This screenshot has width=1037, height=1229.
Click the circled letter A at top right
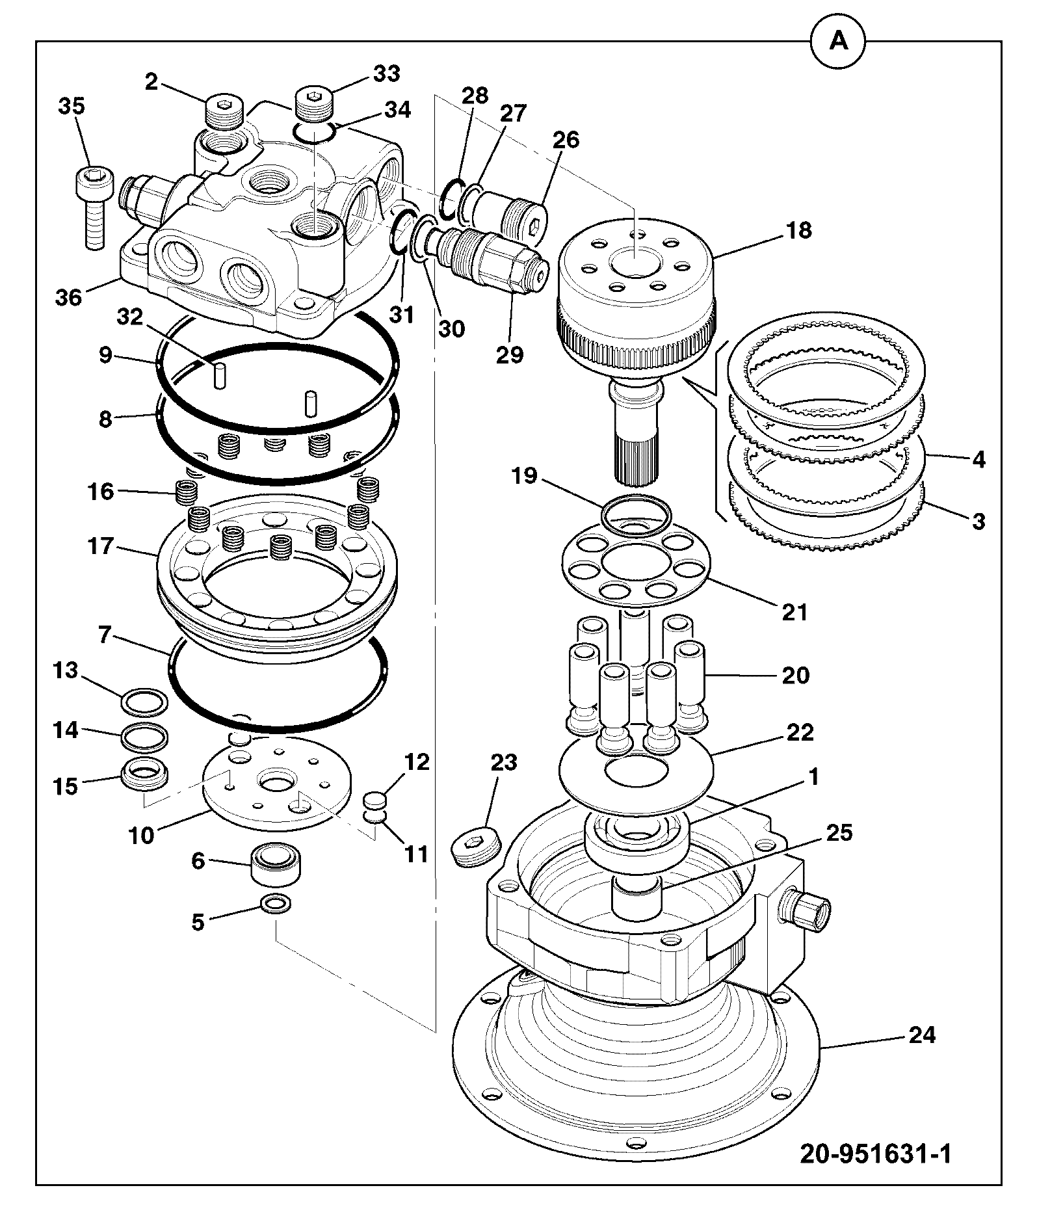tap(839, 42)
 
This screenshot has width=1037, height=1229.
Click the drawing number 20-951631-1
tap(876, 1154)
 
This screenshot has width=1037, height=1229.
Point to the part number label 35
tap(72, 106)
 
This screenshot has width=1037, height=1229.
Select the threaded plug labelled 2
tap(225, 112)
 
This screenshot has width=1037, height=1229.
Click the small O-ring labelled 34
tap(314, 132)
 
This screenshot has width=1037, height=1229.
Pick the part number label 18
tap(800, 230)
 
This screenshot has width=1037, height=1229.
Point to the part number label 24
tap(921, 1034)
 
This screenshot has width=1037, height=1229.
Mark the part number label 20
tap(795, 676)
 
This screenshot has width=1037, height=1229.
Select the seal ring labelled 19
tap(637, 515)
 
